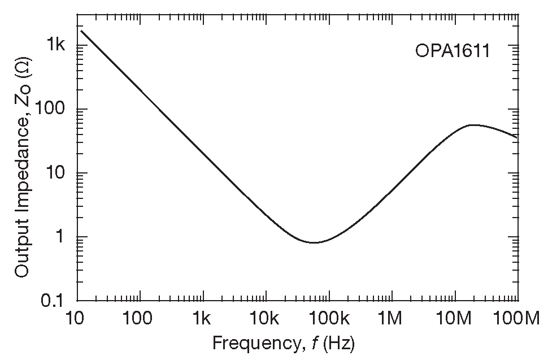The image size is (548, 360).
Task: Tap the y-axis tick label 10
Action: (58, 174)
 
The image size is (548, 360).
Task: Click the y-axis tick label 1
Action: (64, 237)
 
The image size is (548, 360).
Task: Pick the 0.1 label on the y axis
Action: (55, 301)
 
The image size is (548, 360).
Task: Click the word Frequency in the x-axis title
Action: (248, 342)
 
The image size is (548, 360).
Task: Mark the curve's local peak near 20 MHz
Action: (472, 125)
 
